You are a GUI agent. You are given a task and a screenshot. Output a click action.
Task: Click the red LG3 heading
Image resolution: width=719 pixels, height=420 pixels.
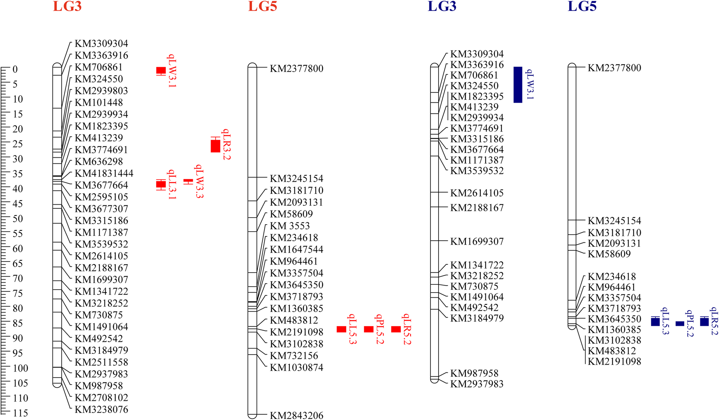point(67,7)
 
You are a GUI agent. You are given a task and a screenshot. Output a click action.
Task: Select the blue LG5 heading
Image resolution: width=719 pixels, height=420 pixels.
point(582,7)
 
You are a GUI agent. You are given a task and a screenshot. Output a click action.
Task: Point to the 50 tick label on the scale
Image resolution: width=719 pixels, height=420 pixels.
point(18,219)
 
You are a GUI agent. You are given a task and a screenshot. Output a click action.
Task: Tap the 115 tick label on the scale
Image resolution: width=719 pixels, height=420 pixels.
point(20,413)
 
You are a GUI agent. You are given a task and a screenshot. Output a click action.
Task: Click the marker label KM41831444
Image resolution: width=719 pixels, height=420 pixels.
point(104,174)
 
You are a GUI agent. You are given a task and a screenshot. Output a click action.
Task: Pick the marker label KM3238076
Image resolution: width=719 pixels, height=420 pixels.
point(101,410)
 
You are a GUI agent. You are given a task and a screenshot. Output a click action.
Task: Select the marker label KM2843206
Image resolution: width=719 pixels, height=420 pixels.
point(296,416)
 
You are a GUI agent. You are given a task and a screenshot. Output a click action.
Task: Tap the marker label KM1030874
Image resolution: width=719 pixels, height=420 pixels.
point(296,368)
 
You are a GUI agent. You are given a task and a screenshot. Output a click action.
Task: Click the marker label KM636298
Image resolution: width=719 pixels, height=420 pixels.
point(99,162)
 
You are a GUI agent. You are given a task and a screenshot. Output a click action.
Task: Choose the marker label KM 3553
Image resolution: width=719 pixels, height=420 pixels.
point(290,226)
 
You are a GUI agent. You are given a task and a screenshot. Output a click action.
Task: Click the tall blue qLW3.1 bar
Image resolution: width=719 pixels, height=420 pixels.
point(518,85)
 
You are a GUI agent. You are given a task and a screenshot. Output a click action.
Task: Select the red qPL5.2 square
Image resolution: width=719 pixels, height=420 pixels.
point(369,329)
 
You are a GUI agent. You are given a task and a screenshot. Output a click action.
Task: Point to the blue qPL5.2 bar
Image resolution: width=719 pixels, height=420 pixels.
point(680,324)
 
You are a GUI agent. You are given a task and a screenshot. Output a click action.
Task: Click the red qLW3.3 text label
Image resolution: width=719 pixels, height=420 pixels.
point(199,181)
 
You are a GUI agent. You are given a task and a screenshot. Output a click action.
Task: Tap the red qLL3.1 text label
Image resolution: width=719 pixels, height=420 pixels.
point(172,184)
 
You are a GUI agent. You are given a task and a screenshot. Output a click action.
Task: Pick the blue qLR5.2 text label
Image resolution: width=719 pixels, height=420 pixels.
point(714,321)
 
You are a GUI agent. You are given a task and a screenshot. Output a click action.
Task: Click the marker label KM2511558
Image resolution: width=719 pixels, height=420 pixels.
point(101,362)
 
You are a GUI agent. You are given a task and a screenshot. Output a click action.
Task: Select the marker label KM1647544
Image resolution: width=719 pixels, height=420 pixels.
point(296,250)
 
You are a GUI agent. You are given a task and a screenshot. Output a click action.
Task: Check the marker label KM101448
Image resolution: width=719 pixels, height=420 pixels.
point(99,103)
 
